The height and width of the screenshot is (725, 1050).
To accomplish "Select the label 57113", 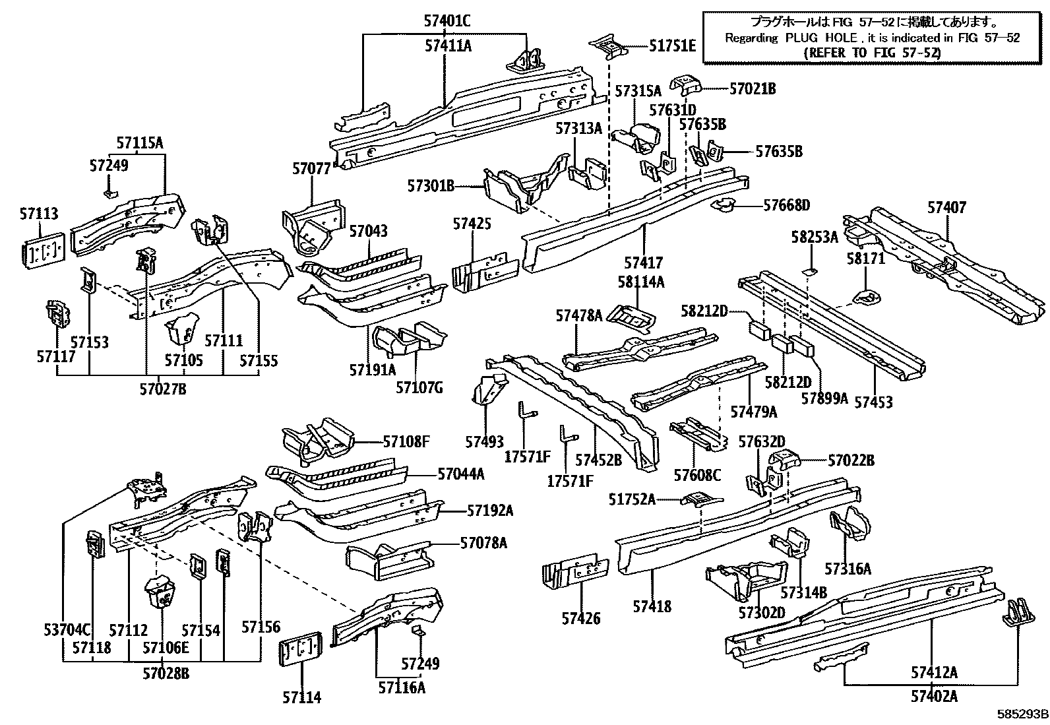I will coord(38,214).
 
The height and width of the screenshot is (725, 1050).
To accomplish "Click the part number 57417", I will coord(643,263).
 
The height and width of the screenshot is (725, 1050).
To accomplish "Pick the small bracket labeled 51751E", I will coord(606,47).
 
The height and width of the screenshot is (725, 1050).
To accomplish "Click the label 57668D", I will coord(786,205).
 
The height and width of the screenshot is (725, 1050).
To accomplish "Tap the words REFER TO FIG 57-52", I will coord(872,53).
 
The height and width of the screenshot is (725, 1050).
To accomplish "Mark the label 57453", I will coord(873,401).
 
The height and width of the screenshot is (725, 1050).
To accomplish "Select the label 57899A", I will coord(824,398).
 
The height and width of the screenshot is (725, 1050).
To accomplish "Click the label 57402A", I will coord(934,695).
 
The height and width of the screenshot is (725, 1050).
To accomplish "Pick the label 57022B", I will coord(851,460).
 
